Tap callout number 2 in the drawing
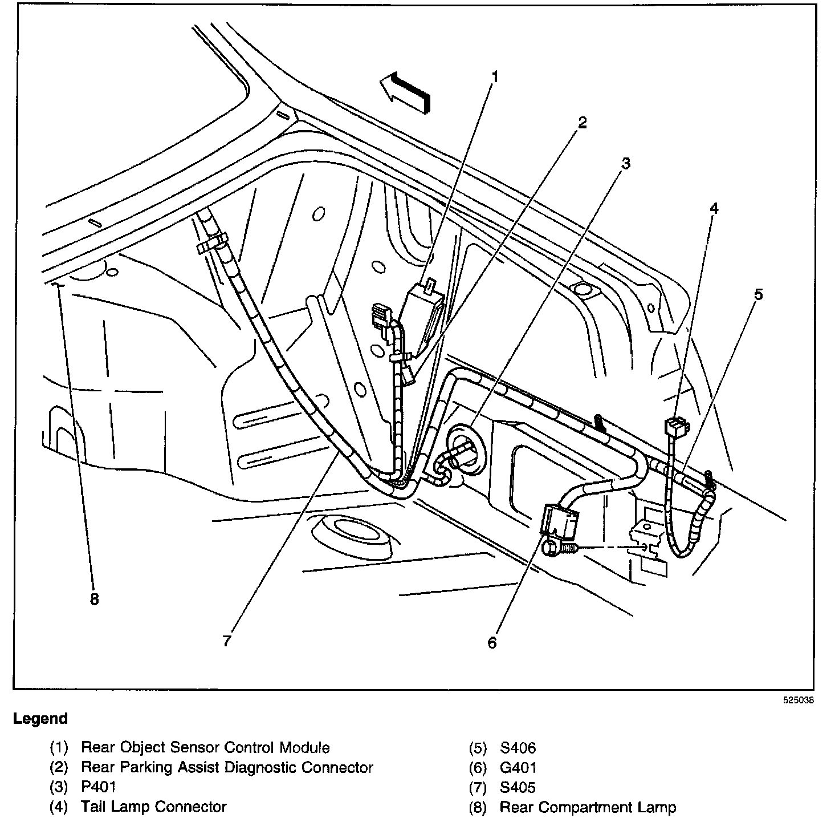tap(581, 122)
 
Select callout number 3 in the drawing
tap(625, 164)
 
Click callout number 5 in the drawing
tap(758, 294)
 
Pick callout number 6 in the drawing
tap(492, 642)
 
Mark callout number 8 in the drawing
tap(94, 599)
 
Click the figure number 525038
tap(797, 701)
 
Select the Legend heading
tap(40, 719)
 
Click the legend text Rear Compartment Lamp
tap(588, 807)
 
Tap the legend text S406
tap(518, 747)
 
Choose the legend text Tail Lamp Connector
tap(154, 807)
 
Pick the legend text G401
tap(518, 767)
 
